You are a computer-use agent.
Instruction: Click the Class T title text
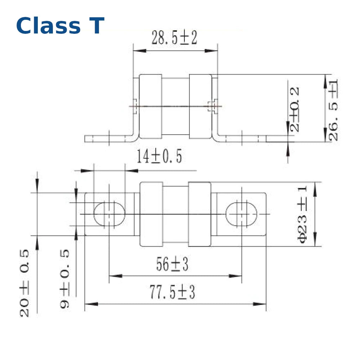[x=60, y=26]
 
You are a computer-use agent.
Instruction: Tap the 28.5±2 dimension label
[x=175, y=38]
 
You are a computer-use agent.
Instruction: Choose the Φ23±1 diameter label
[x=302, y=214]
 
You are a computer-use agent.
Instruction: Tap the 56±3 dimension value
[x=172, y=265]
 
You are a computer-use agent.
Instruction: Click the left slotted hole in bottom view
[x=109, y=214]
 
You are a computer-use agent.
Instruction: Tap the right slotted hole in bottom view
[x=242, y=214]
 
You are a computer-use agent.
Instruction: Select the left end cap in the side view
[x=150, y=107]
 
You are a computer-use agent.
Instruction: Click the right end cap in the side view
[x=200, y=107]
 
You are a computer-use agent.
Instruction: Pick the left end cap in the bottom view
[x=151, y=214]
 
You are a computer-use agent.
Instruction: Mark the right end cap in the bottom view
[x=200, y=214]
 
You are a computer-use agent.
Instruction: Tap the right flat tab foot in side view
[x=245, y=139]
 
